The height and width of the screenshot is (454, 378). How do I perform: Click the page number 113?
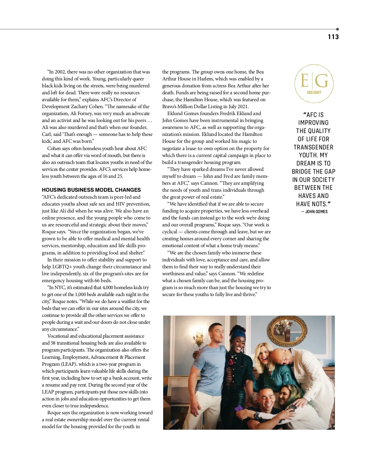333,37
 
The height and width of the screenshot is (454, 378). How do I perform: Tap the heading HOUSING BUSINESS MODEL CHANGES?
91,190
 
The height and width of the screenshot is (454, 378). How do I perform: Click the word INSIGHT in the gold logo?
314,92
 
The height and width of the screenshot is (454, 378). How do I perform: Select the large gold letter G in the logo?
322,81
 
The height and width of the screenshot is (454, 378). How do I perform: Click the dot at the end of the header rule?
337,29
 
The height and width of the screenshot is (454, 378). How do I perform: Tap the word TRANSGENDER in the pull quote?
313,147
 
